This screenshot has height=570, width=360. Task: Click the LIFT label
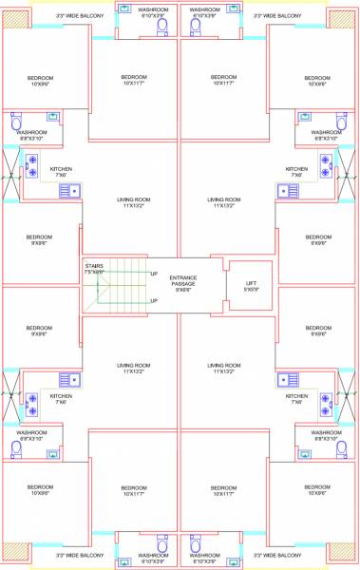coord(250,283)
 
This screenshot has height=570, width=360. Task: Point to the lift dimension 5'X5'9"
coord(250,290)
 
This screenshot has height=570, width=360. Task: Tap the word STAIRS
coord(94,266)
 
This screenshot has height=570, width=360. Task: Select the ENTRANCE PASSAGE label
coord(184,280)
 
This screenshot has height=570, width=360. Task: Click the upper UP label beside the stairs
coord(154,274)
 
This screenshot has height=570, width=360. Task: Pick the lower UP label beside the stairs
coord(154,301)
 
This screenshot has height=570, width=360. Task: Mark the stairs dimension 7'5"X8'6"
coord(94,273)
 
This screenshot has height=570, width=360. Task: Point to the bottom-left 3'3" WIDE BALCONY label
coord(76,555)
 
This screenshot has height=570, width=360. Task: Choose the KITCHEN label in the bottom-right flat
coord(297,396)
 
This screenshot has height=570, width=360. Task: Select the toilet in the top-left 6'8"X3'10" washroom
coord(16,123)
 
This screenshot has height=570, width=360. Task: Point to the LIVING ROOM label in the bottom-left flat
coord(134,365)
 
